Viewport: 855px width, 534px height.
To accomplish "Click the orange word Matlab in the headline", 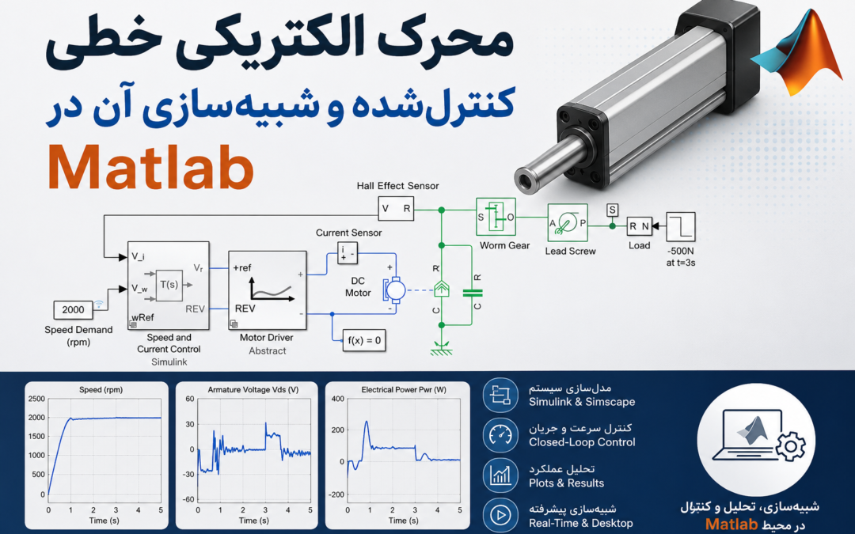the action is [x=151, y=167].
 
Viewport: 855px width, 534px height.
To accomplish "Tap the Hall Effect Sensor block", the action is [x=396, y=209].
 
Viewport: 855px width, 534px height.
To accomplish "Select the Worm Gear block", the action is [x=496, y=217].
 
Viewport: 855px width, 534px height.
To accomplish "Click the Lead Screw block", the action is [x=568, y=223].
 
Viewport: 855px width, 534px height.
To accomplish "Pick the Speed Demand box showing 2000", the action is [x=73, y=309].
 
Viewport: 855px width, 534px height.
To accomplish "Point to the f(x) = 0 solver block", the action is [x=364, y=340].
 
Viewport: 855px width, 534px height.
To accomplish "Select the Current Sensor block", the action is [x=348, y=253].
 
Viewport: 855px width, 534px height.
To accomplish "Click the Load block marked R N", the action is [x=639, y=226].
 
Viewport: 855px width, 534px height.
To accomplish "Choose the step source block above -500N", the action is [x=681, y=227].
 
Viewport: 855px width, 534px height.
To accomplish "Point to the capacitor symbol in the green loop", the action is [x=472, y=294].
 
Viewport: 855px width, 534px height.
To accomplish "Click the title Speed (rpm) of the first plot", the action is [x=101, y=389].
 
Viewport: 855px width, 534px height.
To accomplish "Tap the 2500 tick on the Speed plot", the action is [x=36, y=399].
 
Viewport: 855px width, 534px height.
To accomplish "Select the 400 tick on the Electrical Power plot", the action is [x=337, y=399].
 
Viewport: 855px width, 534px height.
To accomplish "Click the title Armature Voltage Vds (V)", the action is [x=253, y=389].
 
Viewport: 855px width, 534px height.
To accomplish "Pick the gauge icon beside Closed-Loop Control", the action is [x=500, y=435].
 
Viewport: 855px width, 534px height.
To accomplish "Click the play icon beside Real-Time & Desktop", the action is [x=500, y=514].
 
